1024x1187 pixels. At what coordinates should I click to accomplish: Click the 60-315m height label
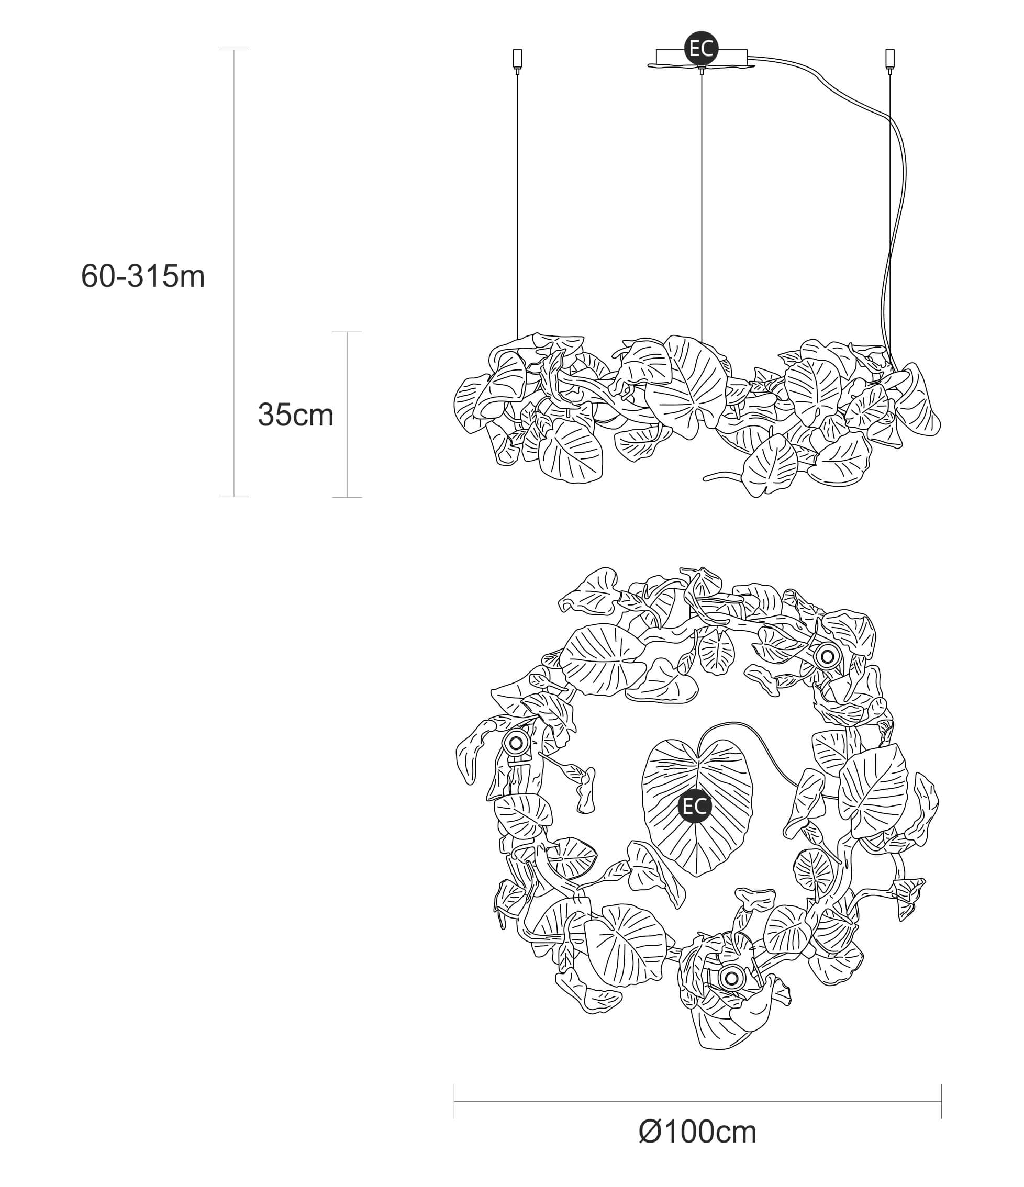click(143, 276)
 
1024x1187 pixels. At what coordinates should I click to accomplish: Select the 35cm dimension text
click(296, 415)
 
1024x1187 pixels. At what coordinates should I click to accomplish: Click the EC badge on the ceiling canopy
click(702, 49)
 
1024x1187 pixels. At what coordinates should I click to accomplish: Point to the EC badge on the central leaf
click(695, 806)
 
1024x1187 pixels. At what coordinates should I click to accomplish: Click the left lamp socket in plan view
click(516, 744)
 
